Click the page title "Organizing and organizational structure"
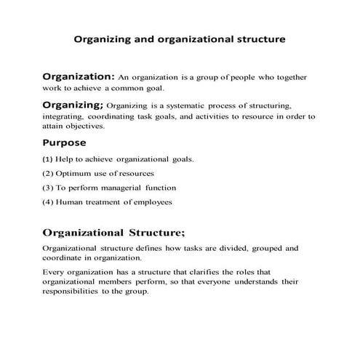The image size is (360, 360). (x=180, y=39)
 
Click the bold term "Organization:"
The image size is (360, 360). (x=79, y=76)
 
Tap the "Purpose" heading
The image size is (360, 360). (x=65, y=143)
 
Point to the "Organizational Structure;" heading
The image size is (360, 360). (x=114, y=233)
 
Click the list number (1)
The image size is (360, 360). (x=49, y=159)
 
